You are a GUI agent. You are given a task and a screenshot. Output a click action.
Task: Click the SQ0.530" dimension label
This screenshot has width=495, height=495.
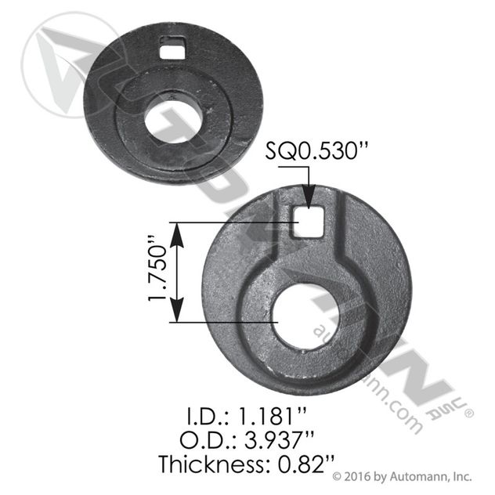tap(316, 150)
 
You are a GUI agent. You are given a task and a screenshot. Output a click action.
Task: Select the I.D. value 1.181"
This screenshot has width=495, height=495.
tap(271, 416)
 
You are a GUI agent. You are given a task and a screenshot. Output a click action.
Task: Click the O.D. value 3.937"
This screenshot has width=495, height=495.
tap(280, 439)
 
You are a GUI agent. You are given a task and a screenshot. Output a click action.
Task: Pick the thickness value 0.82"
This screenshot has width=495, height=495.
tap(305, 464)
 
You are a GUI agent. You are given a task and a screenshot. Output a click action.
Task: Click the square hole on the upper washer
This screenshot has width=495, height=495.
tap(172, 48)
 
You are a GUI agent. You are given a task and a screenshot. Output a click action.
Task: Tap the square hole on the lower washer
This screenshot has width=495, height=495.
tap(307, 222)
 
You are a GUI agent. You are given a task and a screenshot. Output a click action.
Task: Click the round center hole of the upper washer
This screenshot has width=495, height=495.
tap(173, 121)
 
